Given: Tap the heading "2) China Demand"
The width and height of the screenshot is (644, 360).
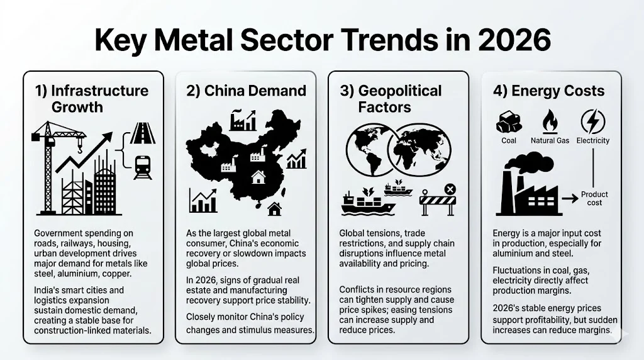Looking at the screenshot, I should pos(246,91).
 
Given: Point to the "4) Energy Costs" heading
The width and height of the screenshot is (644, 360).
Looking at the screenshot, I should pos(549,91).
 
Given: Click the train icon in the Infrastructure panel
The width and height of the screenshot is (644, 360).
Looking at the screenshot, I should pos(143,167).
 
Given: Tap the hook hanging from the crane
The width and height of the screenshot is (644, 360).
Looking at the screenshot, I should pos(79,148).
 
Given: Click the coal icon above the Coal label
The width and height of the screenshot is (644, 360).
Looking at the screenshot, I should pos(508,121).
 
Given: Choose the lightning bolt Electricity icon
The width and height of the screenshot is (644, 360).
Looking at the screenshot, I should pos(592,121).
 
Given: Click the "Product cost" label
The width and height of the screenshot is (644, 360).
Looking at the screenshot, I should pos(594,198).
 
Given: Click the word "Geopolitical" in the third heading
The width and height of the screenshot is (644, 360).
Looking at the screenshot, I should pos(400,91).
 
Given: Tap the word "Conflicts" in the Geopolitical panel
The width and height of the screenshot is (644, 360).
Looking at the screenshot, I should pos(358,290).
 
